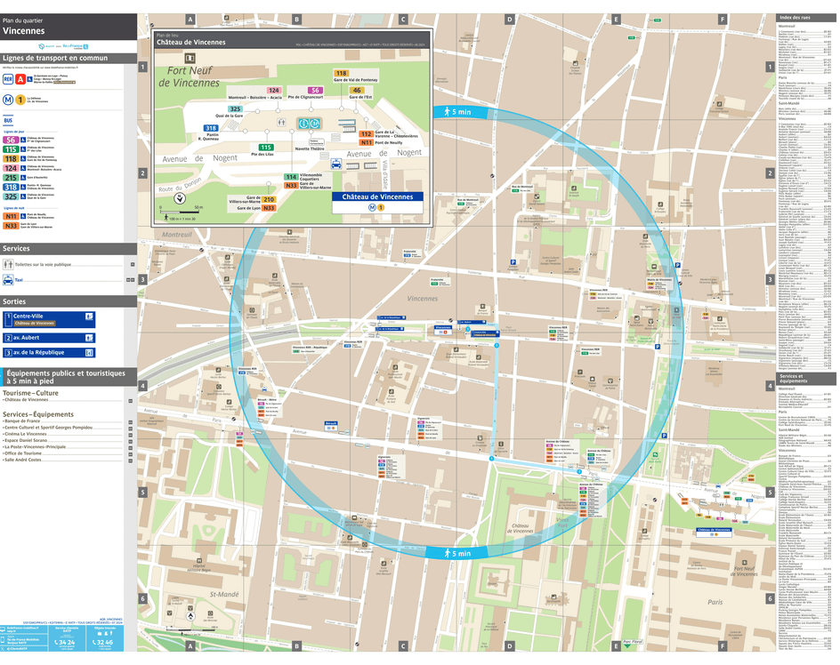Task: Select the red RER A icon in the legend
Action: [20, 79]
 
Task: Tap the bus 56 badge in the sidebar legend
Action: [11, 140]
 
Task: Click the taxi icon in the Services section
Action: [8, 279]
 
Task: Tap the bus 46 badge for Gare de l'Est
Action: [357, 90]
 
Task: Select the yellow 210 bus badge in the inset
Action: [268, 199]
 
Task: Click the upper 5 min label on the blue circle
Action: [456, 111]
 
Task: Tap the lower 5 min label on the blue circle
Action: [456, 553]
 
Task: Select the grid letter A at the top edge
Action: [190, 19]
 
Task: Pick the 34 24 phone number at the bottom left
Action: [65, 641]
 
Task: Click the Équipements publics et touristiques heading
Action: [64, 377]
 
